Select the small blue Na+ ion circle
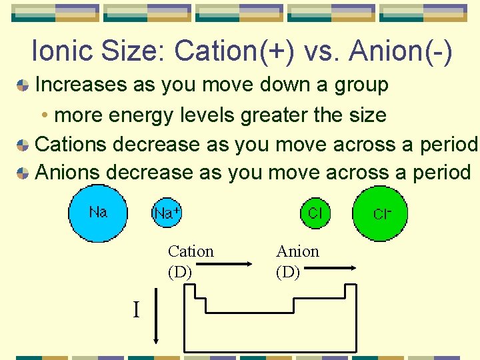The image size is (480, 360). pos(167,213)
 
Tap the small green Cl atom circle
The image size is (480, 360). pos(314,213)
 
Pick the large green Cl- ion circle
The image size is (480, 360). pos(381,213)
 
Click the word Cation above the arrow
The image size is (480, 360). pos(191,251)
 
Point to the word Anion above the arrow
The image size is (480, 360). pos(297,251)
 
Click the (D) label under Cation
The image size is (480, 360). pos(180,272)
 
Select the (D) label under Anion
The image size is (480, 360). pos(288,272)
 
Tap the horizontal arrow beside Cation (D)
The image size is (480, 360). pos(225,267)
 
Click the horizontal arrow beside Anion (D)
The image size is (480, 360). pos(332,268)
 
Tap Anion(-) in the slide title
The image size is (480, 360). pos(399,52)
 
